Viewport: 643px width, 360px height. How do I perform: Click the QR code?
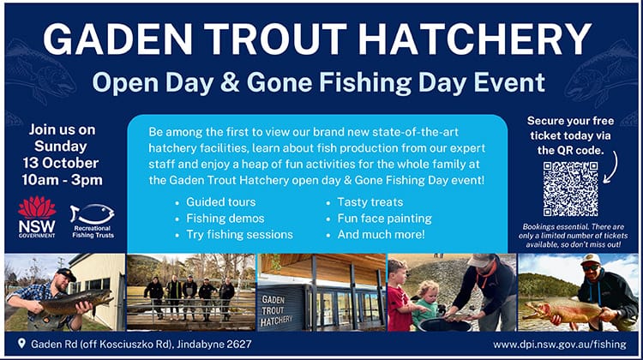(569, 189)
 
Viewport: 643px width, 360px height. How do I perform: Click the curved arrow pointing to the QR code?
(610, 167)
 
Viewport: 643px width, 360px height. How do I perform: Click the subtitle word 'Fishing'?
(414, 81)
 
